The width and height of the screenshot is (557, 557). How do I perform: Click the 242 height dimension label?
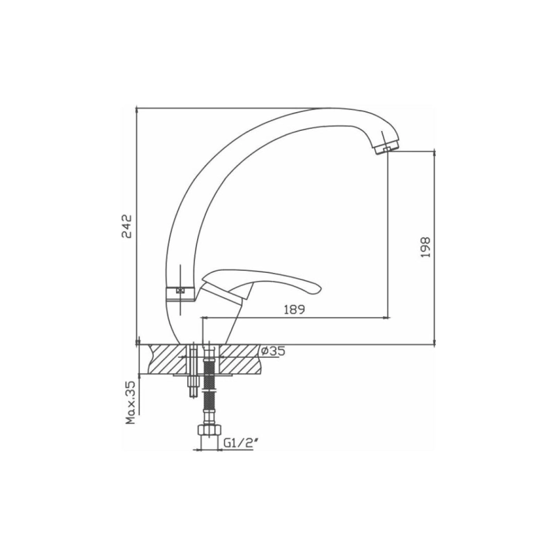click(127, 226)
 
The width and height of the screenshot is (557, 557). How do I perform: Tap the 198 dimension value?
click(425, 247)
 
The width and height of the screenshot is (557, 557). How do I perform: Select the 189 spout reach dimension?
click(295, 310)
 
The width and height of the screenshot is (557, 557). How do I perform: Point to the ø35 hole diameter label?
click(273, 351)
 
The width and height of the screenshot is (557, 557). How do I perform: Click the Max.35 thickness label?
click(131, 403)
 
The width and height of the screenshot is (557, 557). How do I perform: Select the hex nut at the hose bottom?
click(209, 430)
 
